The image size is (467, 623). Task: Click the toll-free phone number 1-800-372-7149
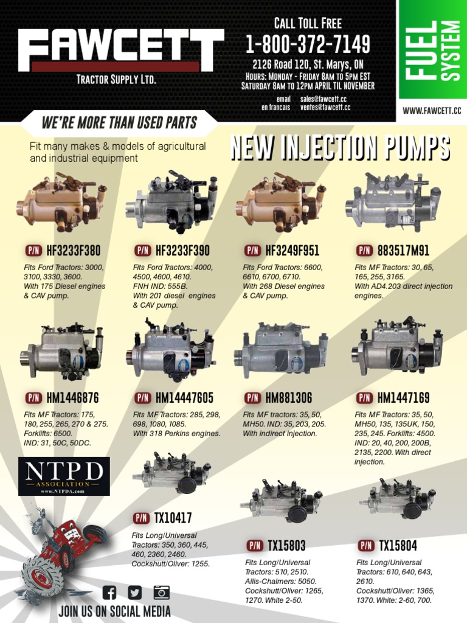point(308,44)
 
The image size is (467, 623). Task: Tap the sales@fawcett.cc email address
point(323,99)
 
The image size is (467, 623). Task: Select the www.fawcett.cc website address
point(432,111)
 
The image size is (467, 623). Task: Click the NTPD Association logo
point(64,476)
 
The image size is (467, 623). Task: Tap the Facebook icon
point(109,593)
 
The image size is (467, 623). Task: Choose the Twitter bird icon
point(134,593)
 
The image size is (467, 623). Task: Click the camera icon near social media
point(162,592)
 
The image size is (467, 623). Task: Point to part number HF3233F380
point(74,250)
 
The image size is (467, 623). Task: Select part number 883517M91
point(404,250)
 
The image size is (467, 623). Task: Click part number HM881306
point(289,398)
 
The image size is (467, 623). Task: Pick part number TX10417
point(173,518)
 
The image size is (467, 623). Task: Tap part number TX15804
point(398,546)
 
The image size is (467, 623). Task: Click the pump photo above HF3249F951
point(281,202)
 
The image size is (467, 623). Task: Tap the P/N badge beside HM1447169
point(364,398)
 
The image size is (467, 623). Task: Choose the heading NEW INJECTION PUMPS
point(341,147)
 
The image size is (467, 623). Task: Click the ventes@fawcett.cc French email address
point(325,107)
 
